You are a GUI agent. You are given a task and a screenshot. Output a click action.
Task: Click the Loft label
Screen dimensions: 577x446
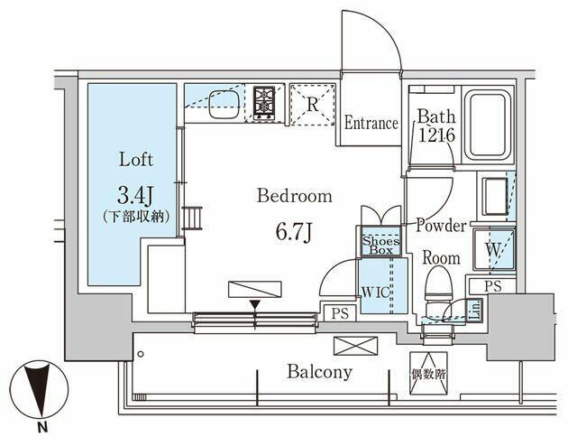tap(136, 160)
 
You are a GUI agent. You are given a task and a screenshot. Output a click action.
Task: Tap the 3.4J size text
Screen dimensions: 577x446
tap(134, 195)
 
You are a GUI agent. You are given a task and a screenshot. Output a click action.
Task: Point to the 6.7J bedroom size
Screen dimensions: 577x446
tap(293, 232)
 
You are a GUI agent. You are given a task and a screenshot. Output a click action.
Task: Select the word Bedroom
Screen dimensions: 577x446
tap(294, 196)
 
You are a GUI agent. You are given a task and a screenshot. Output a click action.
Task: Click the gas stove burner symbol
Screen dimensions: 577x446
tap(264, 103)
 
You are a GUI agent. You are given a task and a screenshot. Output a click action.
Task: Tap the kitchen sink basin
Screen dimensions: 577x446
tap(224, 105)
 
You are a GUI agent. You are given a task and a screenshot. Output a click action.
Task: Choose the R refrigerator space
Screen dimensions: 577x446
tap(313, 105)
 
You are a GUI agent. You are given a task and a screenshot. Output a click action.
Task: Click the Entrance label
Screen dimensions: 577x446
tap(371, 123)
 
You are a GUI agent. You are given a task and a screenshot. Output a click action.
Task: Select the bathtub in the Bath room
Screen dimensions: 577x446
tap(488, 126)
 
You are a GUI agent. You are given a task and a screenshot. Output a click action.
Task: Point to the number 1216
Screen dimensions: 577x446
tap(437, 135)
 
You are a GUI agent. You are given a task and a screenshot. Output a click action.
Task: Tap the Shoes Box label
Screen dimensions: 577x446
tap(380, 246)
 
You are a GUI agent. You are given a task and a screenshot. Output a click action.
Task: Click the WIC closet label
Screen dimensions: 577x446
tap(375, 293)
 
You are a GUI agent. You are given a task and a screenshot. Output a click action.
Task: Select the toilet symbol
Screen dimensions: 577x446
tap(438, 292)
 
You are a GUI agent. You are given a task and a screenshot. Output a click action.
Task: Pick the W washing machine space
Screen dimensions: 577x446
tap(492, 250)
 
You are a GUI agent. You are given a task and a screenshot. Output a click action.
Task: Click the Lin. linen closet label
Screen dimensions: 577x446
tap(475, 309)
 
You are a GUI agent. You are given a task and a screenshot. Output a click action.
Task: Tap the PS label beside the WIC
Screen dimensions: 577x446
tap(339, 313)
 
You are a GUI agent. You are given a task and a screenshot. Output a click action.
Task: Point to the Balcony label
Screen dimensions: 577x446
tap(319, 372)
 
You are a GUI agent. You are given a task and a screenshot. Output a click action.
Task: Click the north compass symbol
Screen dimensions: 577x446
tap(39, 392)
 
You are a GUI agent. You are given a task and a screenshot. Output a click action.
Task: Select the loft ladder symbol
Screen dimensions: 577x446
tap(192, 218)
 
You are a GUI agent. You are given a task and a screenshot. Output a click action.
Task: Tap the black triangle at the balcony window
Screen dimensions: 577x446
tap(254, 305)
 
